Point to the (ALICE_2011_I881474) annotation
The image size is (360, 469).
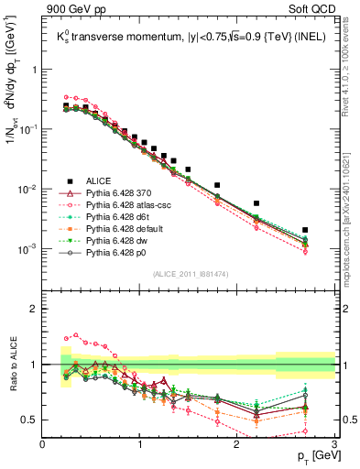[189, 276]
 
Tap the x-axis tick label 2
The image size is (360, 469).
[237, 443]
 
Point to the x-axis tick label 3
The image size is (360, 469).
[333, 443]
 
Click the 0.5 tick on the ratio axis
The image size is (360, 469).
[30, 420]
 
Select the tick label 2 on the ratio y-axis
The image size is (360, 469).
[34, 309]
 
